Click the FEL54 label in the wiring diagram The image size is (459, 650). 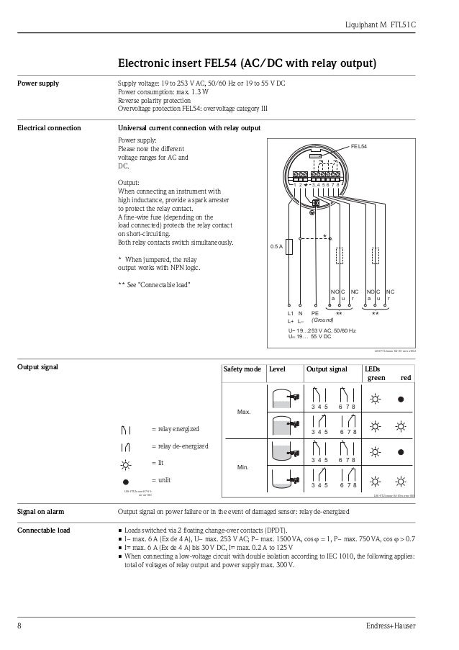pyautogui.click(x=359, y=146)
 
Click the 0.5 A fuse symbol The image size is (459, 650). pyautogui.click(x=289, y=246)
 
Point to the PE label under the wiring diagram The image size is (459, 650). pyautogui.click(x=314, y=314)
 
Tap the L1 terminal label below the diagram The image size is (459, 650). pyautogui.click(x=290, y=314)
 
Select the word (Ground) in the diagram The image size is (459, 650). pyautogui.click(x=322, y=320)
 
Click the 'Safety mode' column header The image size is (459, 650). pyautogui.click(x=242, y=369)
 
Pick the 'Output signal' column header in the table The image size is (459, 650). pyautogui.click(x=327, y=369)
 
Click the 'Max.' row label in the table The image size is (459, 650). pyautogui.click(x=243, y=412)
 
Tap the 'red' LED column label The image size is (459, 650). pyautogui.click(x=406, y=377)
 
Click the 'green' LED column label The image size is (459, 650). pyautogui.click(x=376, y=377)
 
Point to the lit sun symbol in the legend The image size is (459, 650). pyautogui.click(x=127, y=463)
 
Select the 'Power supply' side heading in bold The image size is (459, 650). pyautogui.click(x=38, y=83)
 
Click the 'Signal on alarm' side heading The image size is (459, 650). pyautogui.click(x=40, y=512)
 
